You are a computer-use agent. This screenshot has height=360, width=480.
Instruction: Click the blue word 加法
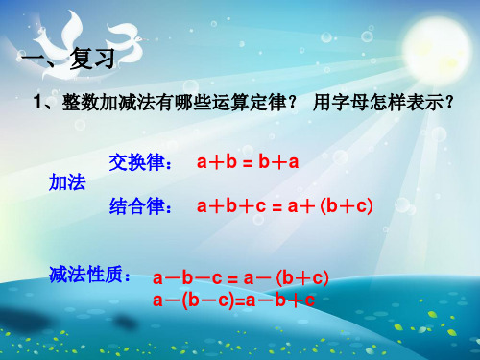click(67, 184)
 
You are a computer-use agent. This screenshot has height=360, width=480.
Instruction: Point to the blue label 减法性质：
click(90, 276)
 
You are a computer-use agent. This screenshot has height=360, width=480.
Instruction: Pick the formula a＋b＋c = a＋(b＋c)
click(284, 205)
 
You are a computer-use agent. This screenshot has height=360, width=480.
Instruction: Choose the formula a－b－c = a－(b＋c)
click(241, 278)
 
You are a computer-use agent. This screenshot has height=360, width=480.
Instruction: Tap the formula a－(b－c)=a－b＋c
click(234, 300)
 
